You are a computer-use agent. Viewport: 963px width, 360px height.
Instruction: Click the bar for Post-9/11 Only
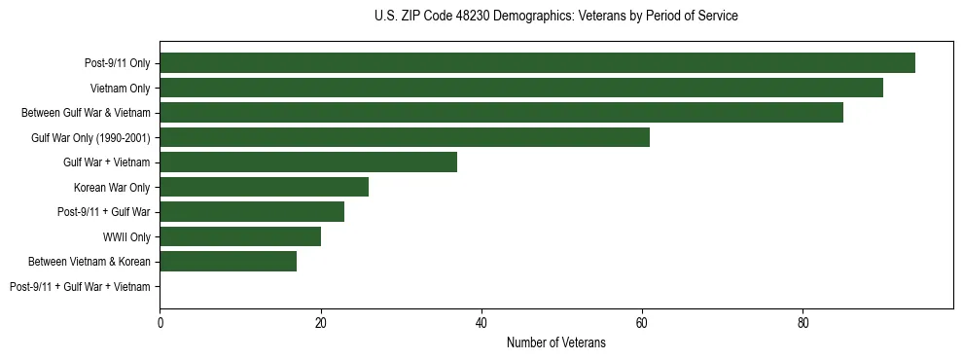point(537,63)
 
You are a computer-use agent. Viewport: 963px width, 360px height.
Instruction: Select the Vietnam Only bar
point(521,88)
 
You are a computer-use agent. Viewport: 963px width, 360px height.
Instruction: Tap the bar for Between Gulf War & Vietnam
point(501,113)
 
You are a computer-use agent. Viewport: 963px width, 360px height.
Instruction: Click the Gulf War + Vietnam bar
point(308,162)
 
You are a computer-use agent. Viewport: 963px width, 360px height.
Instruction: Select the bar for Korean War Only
point(264,187)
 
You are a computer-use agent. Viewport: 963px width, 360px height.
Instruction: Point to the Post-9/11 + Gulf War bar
point(252,212)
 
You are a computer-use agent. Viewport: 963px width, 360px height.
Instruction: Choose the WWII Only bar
point(240,236)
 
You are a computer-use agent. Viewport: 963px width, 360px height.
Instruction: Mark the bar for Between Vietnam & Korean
point(228,262)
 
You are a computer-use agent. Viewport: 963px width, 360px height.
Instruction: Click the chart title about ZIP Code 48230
point(555,17)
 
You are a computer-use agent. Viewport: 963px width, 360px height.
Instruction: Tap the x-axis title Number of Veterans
point(555,343)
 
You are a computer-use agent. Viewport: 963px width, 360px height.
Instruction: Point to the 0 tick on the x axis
point(160,323)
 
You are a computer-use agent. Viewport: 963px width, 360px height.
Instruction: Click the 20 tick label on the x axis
point(321,323)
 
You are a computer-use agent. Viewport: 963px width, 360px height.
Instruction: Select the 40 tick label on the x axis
point(481,323)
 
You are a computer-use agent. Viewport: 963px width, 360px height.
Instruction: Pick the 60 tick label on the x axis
point(642,323)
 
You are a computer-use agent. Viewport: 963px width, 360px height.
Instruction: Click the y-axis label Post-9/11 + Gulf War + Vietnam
point(80,287)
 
